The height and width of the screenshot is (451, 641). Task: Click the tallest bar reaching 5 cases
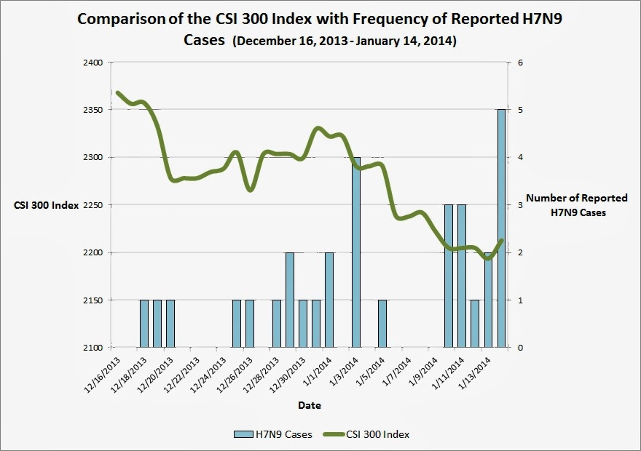502,228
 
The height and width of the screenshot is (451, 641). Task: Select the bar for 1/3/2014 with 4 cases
356,252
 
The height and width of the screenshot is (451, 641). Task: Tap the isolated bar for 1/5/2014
382,323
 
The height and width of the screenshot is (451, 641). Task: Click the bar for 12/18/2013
144,323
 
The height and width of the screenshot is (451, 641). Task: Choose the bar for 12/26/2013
250,323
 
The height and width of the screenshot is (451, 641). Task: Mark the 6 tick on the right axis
520,63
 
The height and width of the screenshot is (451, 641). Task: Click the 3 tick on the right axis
520,205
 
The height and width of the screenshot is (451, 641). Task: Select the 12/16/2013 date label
103,372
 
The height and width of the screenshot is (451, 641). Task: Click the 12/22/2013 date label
182,372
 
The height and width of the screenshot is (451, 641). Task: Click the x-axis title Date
309,404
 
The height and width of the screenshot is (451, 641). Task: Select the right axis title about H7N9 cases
566,205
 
